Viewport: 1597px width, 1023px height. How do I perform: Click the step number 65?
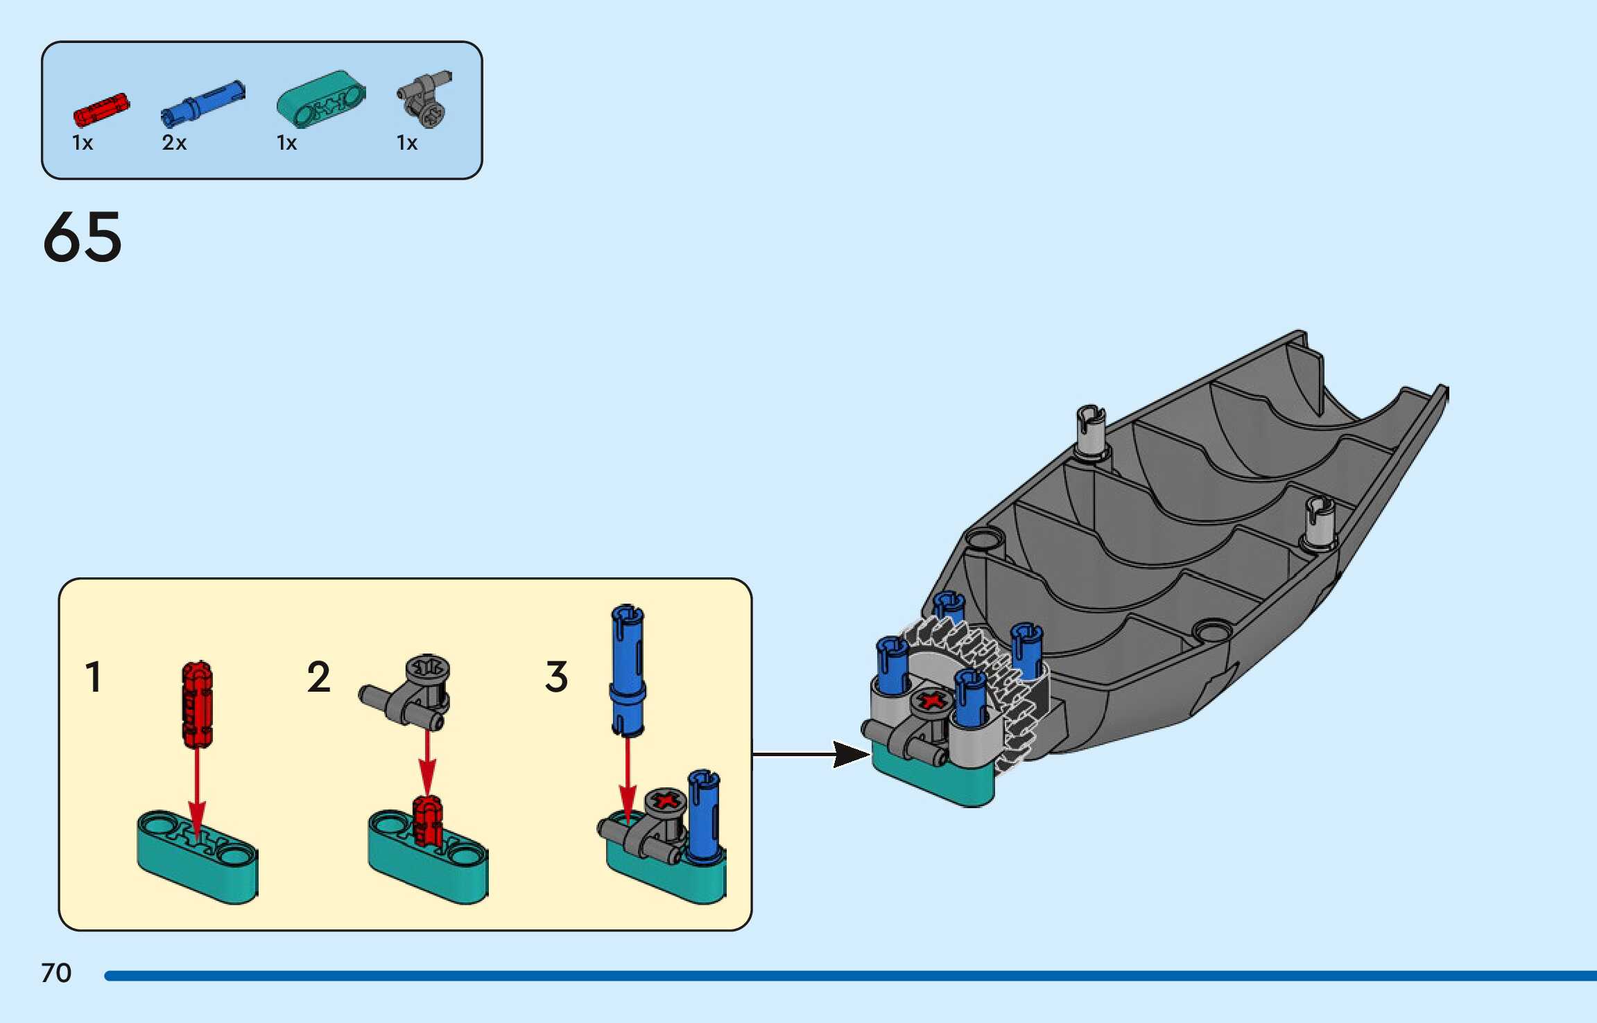(x=83, y=237)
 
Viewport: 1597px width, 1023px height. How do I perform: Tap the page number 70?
(x=56, y=973)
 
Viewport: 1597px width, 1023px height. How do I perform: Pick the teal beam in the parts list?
(x=321, y=100)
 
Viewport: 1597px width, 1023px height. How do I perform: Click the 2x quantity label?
(x=174, y=143)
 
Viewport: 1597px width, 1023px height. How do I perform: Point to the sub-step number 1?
(x=93, y=677)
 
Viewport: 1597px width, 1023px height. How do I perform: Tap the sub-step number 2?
(x=318, y=677)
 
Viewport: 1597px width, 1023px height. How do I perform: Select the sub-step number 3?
(x=556, y=677)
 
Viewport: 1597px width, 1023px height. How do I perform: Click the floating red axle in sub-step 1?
(x=197, y=703)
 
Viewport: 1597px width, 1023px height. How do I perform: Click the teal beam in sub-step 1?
(x=198, y=858)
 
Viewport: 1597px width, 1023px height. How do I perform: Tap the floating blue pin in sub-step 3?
(x=628, y=670)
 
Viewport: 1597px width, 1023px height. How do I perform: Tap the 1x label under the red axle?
(x=83, y=143)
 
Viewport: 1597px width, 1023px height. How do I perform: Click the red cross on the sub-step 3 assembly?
(x=666, y=801)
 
